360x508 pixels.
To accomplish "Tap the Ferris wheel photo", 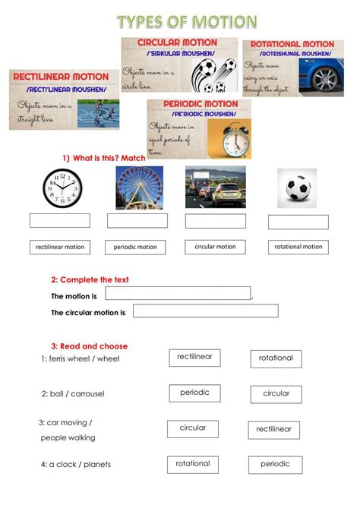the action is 139,187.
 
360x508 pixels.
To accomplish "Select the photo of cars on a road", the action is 216,187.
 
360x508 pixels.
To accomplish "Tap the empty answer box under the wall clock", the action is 59,220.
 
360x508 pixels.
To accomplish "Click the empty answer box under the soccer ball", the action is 298,222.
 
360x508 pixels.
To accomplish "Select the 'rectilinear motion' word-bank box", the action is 60,247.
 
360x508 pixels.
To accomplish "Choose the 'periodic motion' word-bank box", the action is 136,247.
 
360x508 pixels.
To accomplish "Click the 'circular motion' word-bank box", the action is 215,247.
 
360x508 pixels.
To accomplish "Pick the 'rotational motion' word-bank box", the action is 298,247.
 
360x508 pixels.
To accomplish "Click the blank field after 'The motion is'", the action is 178,293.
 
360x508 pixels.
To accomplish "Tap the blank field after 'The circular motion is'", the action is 205,311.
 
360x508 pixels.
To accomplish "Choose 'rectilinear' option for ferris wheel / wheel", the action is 194,357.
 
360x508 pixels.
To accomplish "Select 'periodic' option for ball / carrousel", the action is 194,393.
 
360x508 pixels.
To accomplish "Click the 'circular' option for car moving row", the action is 193,428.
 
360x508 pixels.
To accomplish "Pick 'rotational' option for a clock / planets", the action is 193,464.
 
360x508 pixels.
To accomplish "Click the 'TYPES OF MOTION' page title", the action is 186,21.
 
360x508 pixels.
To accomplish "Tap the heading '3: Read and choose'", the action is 90,346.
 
